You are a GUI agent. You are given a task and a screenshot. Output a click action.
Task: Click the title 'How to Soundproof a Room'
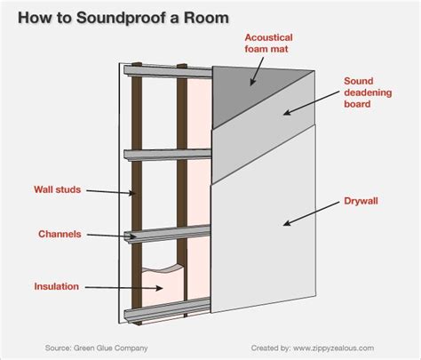point(123,18)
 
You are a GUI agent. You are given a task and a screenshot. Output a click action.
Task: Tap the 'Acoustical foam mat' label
point(268,44)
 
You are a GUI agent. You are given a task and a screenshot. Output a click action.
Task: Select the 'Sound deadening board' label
point(368,92)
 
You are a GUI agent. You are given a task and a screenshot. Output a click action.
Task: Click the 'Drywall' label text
point(361,201)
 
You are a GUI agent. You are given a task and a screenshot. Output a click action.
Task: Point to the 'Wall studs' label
point(58,189)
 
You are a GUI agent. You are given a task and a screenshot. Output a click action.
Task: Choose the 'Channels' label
point(60,234)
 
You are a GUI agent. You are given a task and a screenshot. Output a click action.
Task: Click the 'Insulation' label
point(56,286)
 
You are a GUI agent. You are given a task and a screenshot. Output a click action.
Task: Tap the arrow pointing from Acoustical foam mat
point(257,71)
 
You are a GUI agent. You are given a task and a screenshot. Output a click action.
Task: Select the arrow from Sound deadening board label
point(311,102)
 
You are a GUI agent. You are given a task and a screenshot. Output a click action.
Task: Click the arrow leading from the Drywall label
point(311,214)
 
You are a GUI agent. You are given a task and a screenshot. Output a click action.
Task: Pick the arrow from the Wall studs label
point(111,192)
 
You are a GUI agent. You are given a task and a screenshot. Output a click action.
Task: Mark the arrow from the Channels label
point(111,236)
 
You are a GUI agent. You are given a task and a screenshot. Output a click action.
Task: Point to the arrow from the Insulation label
point(124,287)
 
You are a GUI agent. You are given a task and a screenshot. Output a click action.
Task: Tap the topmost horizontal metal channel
point(168,71)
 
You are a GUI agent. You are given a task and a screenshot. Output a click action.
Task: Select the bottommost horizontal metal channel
point(167,311)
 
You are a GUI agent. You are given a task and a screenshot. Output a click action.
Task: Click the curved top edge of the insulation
point(163,269)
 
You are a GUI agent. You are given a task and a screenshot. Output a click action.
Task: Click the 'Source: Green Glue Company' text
point(96,348)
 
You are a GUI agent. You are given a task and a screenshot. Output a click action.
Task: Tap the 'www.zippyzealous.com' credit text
point(333,348)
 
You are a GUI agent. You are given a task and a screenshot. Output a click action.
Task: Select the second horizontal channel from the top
point(167,155)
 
